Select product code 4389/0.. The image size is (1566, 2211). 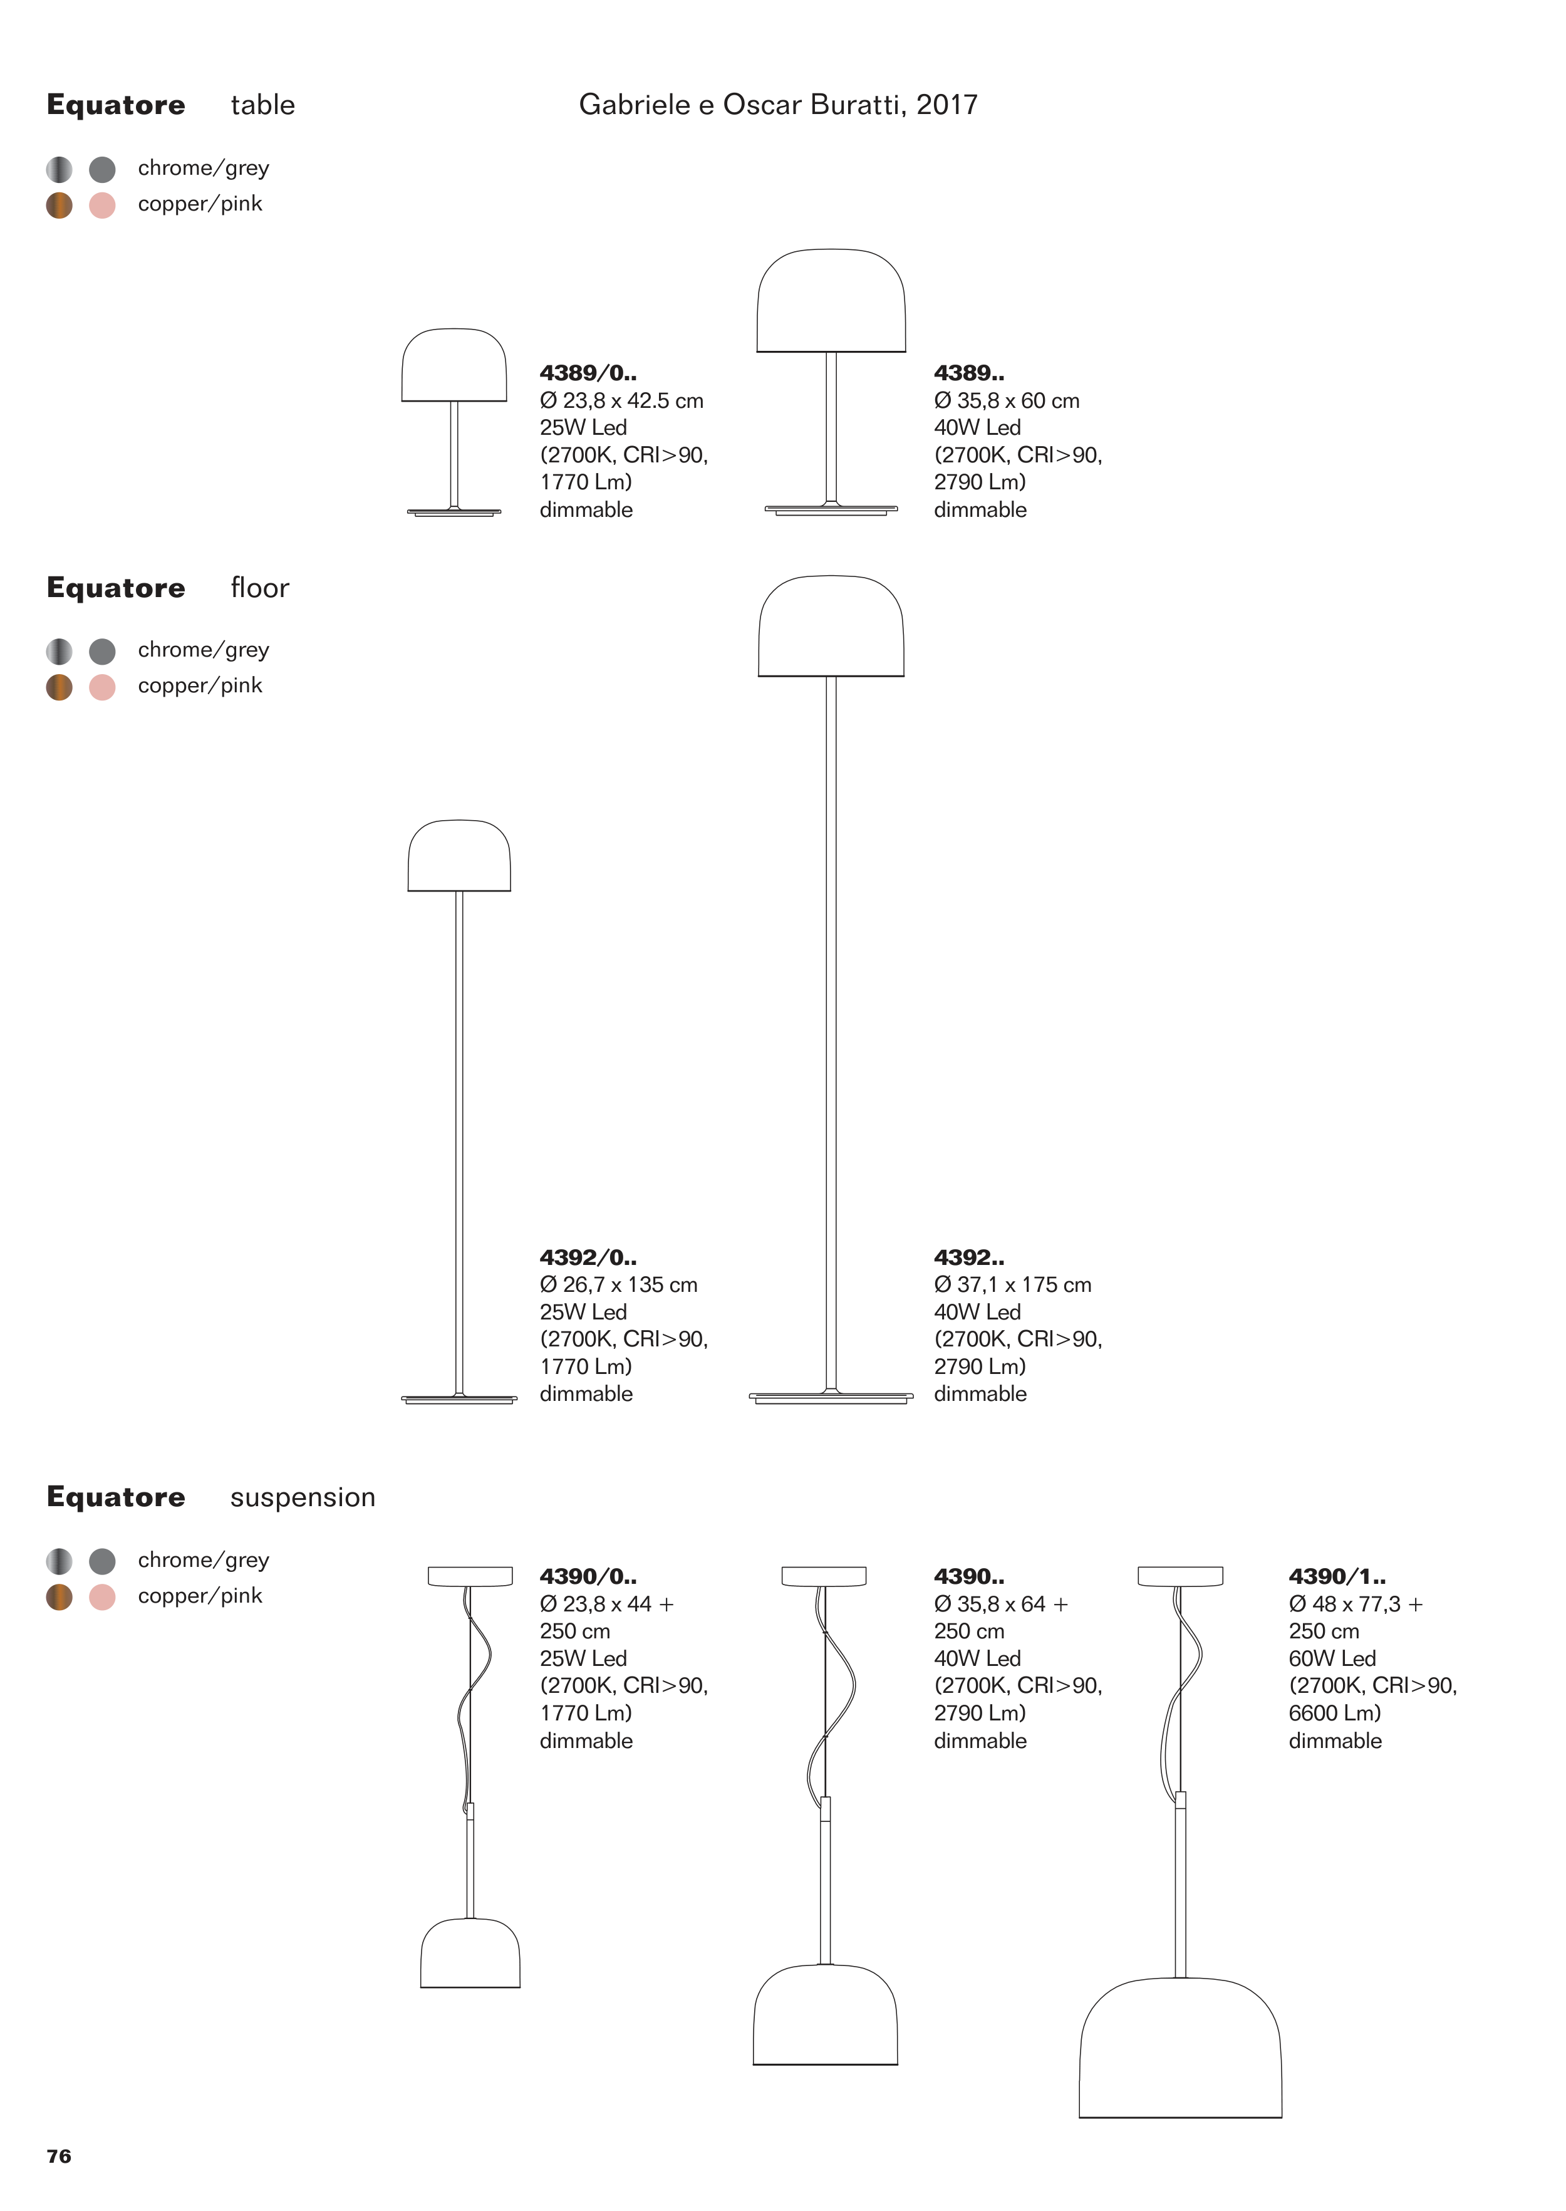point(588,373)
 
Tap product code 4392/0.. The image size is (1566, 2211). point(588,1257)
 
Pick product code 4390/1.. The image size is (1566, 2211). point(1337,1576)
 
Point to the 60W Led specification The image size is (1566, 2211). point(1332,1658)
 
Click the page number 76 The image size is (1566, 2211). point(59,2156)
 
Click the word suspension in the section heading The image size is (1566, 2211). point(303,1497)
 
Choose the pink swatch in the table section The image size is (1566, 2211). point(102,205)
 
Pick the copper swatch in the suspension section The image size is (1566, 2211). point(59,1597)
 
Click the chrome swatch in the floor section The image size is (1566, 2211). point(59,652)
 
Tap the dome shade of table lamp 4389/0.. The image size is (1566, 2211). point(454,367)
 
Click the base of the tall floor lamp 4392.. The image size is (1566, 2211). point(830,1397)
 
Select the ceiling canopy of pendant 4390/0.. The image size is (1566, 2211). point(470,1576)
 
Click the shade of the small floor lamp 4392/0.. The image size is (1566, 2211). point(459,857)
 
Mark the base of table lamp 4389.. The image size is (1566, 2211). point(830,508)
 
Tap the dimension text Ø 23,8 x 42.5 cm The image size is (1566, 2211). point(621,400)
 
